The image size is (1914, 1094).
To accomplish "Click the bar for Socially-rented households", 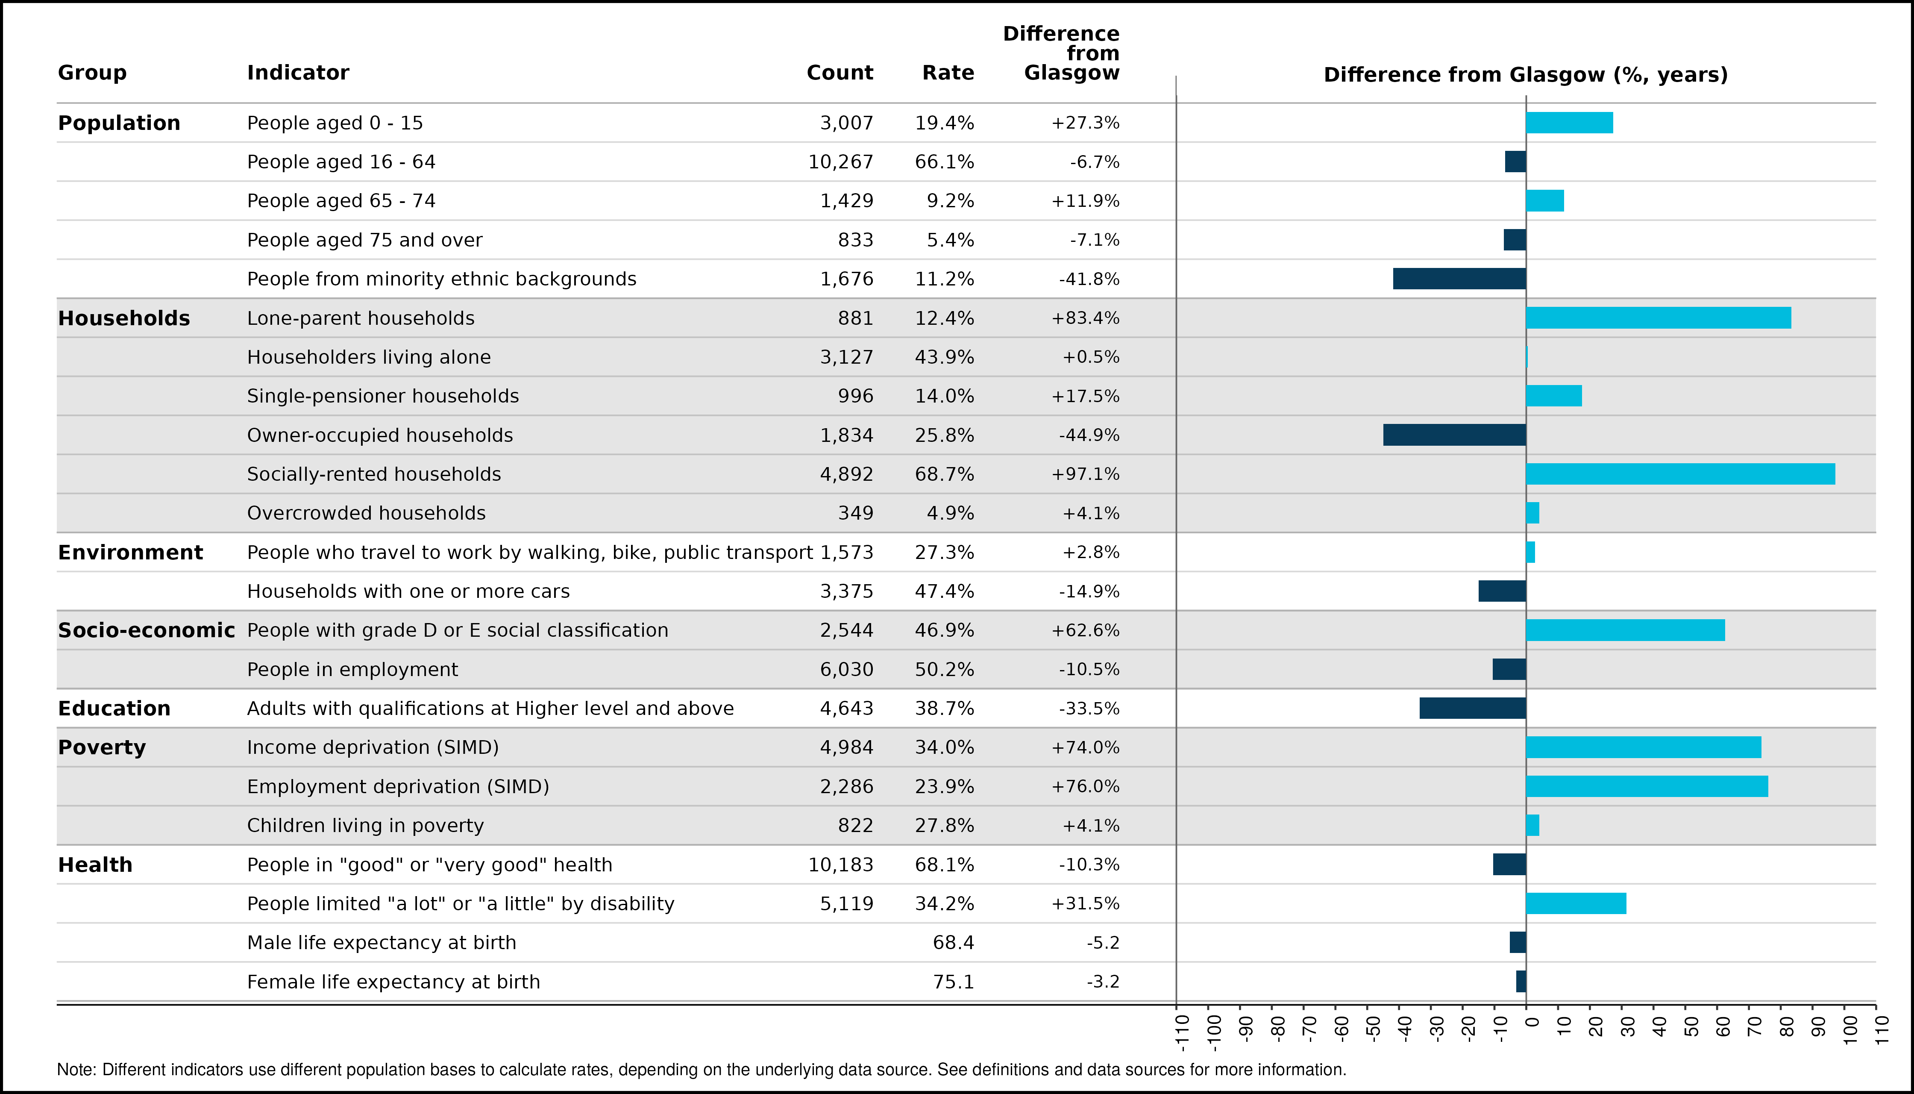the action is pyautogui.click(x=1680, y=474).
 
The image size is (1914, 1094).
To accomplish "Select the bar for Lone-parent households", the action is pyautogui.click(x=1659, y=318).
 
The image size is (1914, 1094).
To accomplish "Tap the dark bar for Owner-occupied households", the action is pyautogui.click(x=1455, y=435).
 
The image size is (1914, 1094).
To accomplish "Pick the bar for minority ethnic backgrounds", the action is pyautogui.click(x=1459, y=279).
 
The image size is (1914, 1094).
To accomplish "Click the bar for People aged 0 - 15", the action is pyautogui.click(x=1570, y=123).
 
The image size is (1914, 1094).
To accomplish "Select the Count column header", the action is pyautogui.click(x=840, y=73).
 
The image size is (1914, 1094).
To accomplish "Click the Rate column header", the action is pyautogui.click(x=948, y=73).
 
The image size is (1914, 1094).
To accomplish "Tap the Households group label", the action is pyautogui.click(x=124, y=318).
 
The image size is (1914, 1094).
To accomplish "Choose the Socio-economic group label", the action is pyautogui.click(x=147, y=630).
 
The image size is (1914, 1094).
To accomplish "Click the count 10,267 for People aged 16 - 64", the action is pyautogui.click(x=840, y=162).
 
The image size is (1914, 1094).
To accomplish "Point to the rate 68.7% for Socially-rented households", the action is pyautogui.click(x=944, y=474).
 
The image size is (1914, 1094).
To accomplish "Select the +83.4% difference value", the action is pyautogui.click(x=1086, y=318).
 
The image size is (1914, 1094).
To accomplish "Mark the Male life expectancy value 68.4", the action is pyautogui.click(x=953, y=943).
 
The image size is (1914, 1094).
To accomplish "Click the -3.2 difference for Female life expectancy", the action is pyautogui.click(x=1103, y=982).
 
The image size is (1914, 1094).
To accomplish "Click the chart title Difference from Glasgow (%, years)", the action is pyautogui.click(x=1526, y=75).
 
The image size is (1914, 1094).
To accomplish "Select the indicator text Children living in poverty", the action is pyautogui.click(x=366, y=826).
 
